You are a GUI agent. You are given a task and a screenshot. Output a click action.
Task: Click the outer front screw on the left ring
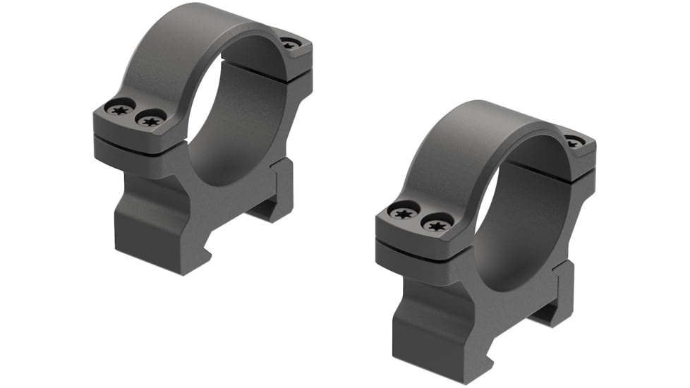point(119,109)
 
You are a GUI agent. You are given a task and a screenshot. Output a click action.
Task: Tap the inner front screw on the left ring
point(150,120)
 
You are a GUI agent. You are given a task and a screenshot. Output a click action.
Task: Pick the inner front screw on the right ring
point(435,224)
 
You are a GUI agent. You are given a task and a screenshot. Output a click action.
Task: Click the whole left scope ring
point(201,134)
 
